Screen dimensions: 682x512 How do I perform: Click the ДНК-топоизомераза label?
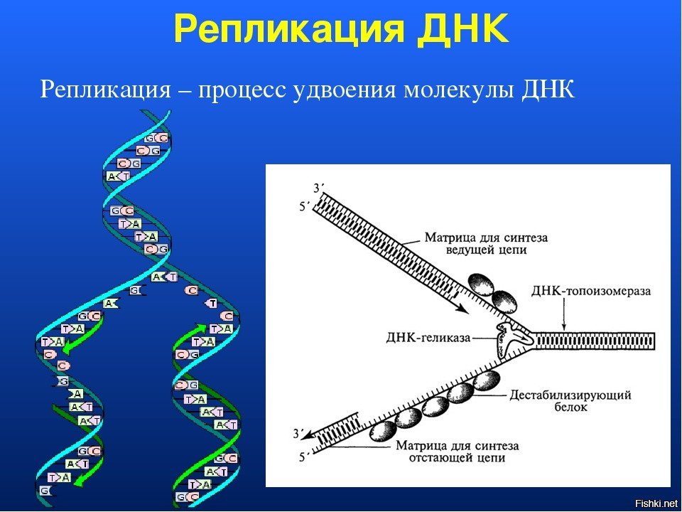click(x=591, y=291)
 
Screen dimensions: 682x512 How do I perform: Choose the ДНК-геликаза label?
click(x=428, y=337)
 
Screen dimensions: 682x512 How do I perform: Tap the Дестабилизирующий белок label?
click(x=570, y=401)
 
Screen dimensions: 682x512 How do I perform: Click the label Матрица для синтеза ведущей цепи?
click(x=486, y=244)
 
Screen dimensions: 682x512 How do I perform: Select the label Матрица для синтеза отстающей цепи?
click(x=457, y=452)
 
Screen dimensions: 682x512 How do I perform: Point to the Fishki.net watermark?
click(x=657, y=503)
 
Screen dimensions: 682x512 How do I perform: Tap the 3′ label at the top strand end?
click(x=318, y=188)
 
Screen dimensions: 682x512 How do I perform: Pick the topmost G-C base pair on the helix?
click(x=156, y=139)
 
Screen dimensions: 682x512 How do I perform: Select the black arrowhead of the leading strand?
click(x=462, y=309)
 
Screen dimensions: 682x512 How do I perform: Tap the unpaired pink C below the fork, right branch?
click(x=191, y=290)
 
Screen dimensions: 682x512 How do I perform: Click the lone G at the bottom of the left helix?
click(x=44, y=491)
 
